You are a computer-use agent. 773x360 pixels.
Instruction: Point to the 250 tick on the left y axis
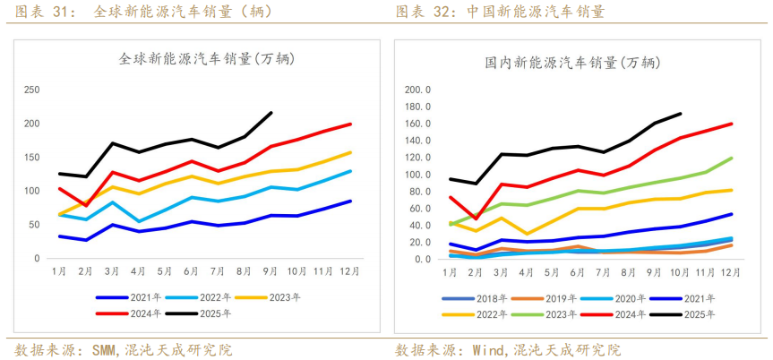pyautogui.click(x=30, y=90)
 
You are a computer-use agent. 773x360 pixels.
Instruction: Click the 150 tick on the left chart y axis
pyautogui.click(x=30, y=158)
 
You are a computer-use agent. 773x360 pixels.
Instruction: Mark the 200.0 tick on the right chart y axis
pyautogui.click(x=418, y=90)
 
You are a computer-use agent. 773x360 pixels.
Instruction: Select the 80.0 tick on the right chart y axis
pyautogui.click(x=421, y=192)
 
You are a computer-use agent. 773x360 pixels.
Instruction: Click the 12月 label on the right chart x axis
pyautogui.click(x=731, y=271)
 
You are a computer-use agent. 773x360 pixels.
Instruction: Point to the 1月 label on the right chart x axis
pyautogui.click(x=451, y=271)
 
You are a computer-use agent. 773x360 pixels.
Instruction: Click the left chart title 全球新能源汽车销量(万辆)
pyautogui.click(x=207, y=59)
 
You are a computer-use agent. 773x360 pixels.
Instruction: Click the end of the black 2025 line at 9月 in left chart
pyautogui.click(x=271, y=113)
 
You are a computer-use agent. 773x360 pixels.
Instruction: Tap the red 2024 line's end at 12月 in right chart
pyautogui.click(x=731, y=124)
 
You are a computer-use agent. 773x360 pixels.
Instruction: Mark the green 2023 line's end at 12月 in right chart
pyautogui.click(x=731, y=158)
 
